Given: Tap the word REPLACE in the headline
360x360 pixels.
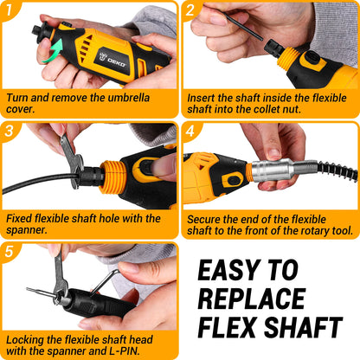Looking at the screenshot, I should tap(254, 299).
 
